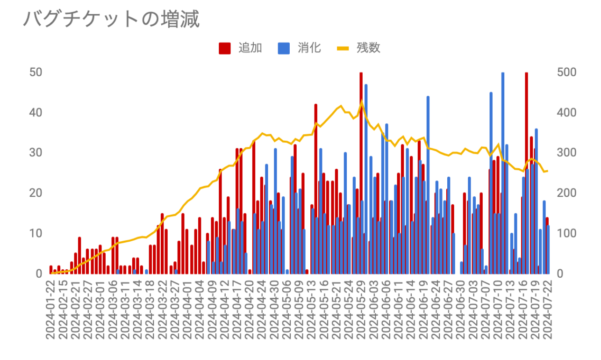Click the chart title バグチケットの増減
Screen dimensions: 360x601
111,20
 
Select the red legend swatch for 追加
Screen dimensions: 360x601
225,48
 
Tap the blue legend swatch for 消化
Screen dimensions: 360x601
284,48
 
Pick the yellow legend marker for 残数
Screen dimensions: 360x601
343,48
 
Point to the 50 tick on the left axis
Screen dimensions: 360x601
36,72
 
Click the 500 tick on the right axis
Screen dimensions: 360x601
566,72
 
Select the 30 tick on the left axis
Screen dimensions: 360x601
36,153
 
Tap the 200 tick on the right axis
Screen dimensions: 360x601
566,193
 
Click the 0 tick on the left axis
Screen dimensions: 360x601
39,274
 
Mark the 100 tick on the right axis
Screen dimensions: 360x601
566,233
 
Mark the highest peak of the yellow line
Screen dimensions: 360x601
361,101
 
